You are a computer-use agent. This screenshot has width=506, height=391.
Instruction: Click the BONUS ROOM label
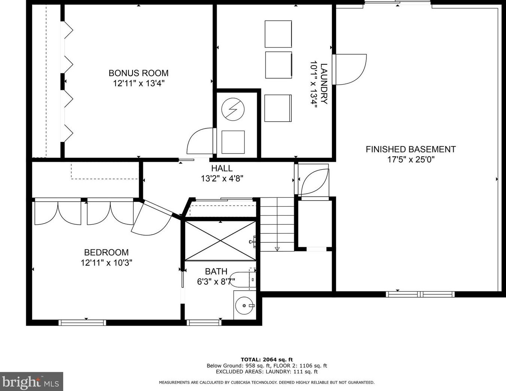[138, 73]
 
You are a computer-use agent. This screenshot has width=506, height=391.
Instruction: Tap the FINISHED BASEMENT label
[411, 149]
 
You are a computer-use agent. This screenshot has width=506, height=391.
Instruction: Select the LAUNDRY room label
[324, 84]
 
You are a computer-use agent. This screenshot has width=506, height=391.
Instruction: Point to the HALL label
[222, 168]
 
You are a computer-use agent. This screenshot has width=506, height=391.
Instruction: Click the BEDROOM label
[106, 252]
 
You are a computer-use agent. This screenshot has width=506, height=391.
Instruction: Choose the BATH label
[216, 272]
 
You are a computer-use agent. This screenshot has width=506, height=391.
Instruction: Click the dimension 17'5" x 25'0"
[411, 160]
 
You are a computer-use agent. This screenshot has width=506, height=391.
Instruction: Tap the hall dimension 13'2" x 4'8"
[222, 179]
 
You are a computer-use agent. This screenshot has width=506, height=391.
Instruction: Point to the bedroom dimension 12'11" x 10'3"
[106, 263]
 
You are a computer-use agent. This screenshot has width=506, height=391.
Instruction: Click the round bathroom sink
[244, 306]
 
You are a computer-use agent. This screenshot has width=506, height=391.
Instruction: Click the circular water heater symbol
[233, 109]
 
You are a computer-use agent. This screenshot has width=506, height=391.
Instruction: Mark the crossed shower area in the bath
[220, 241]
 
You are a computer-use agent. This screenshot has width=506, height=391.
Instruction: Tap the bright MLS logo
[31, 381]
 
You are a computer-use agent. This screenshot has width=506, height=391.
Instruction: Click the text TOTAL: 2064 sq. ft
[266, 360]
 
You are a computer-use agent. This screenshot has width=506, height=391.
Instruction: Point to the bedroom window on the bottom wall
[82, 323]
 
